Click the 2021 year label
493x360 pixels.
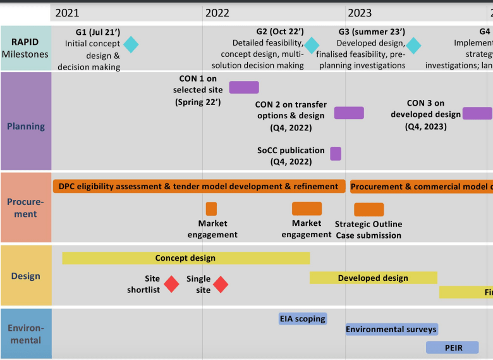point(68,13)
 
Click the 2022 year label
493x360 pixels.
point(217,13)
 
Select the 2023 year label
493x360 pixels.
point(360,13)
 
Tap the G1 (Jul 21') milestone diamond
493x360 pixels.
point(131,44)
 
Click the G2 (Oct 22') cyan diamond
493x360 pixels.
point(312,45)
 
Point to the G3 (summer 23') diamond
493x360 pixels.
point(413,46)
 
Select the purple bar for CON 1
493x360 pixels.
point(243,87)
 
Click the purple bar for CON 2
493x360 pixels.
point(349,113)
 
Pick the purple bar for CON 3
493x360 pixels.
point(477,113)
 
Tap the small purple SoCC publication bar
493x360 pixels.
point(336,153)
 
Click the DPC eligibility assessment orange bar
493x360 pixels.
point(198,186)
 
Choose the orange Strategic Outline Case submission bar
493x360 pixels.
point(368,209)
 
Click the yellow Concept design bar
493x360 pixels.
point(186,258)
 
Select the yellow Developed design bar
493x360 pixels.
point(373,278)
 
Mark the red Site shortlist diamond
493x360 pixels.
point(171,284)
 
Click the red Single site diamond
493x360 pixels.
point(220,284)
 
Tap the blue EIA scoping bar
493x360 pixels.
point(303,318)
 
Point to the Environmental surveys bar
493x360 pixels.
point(391,329)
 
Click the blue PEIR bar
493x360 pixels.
point(453,347)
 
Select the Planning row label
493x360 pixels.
point(26,126)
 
